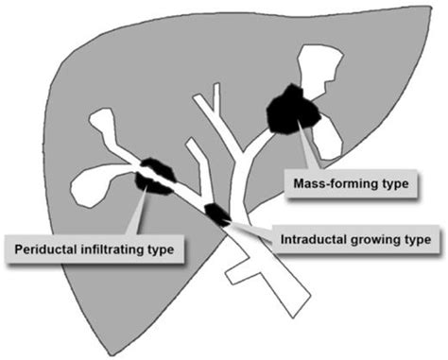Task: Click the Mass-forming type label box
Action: [x=351, y=183]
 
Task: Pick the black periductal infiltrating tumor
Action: [x=156, y=178]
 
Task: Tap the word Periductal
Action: [x=44, y=250]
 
